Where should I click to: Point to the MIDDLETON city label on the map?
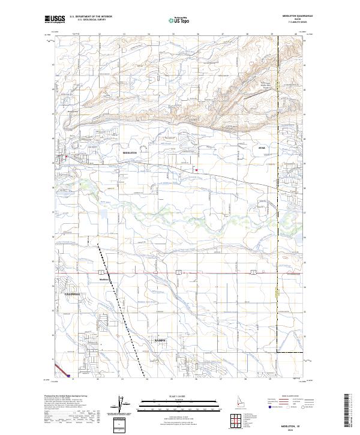click(x=130, y=153)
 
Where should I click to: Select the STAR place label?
click(x=261, y=148)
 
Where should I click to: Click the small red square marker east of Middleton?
click(x=196, y=170)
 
